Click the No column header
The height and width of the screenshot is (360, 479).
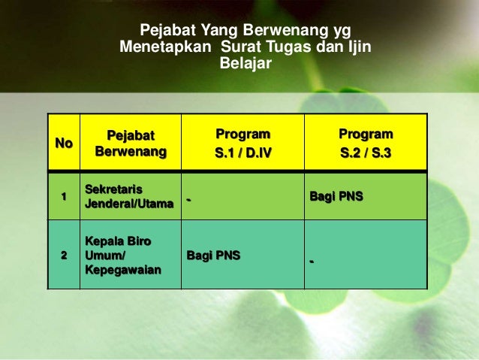[64, 143]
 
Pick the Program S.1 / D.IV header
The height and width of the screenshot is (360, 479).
[243, 143]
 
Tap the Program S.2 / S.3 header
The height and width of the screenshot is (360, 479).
[365, 143]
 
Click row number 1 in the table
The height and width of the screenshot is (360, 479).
[64, 196]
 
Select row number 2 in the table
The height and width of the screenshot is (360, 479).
[64, 256]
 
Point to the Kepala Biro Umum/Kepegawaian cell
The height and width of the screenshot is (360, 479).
[123, 256]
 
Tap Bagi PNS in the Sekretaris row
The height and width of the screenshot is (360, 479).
[336, 196]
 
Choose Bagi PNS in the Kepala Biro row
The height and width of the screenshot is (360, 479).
[213, 256]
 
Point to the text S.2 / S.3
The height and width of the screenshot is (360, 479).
[365, 153]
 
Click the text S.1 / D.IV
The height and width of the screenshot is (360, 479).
[243, 153]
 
